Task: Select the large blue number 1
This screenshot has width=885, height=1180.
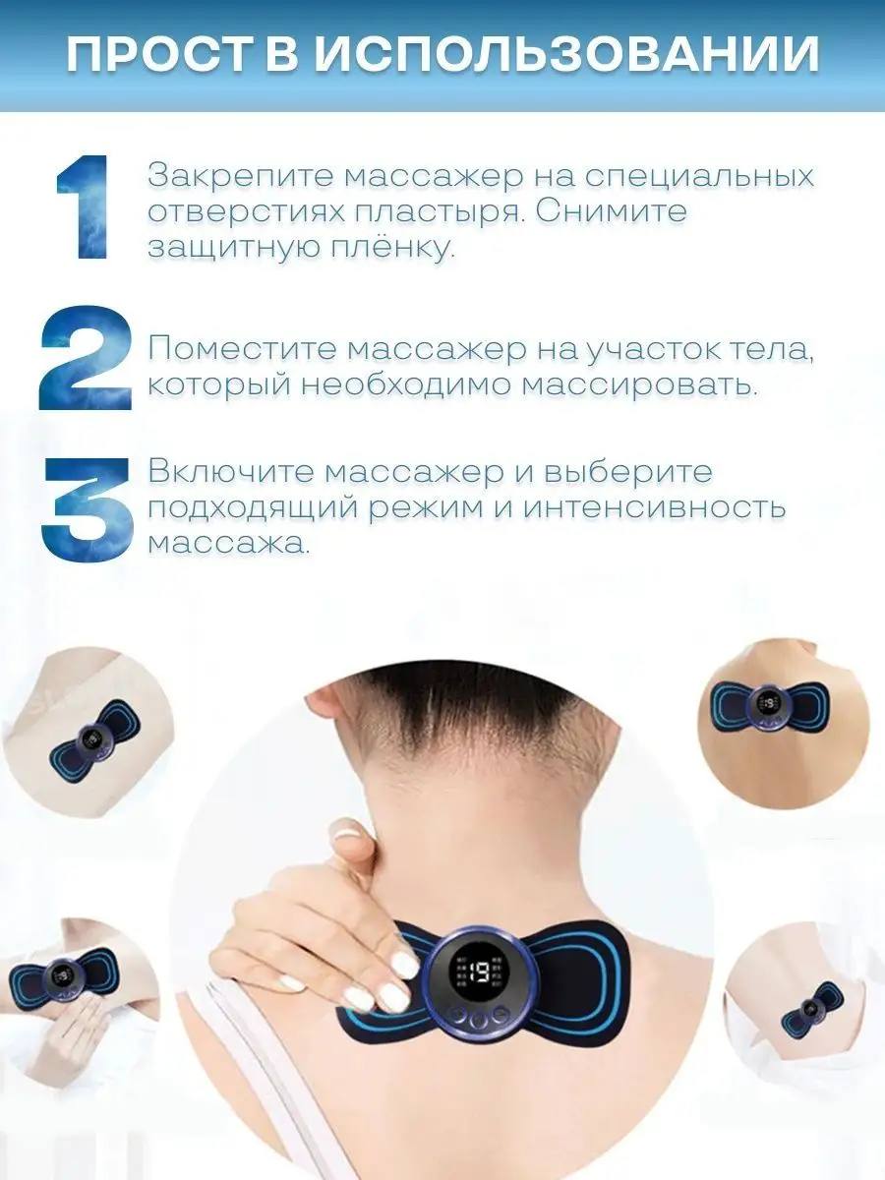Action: pyautogui.click(x=83, y=208)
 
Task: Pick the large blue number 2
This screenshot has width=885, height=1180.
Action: pyautogui.click(x=85, y=359)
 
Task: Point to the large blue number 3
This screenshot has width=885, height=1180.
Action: pyautogui.click(x=87, y=509)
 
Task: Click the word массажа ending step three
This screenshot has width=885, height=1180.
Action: pyautogui.click(x=228, y=543)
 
